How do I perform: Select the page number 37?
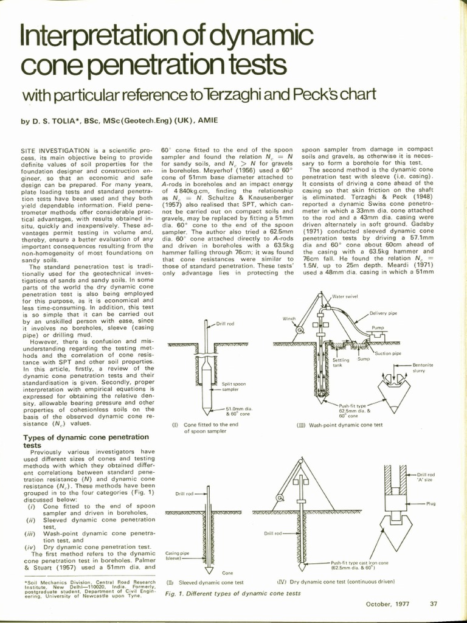[434, 604]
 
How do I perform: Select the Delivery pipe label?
[383, 313]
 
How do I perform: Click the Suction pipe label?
[387, 353]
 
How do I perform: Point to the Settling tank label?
[341, 363]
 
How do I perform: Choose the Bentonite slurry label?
[423, 367]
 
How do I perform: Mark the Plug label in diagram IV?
[431, 503]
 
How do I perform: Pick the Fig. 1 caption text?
[233, 593]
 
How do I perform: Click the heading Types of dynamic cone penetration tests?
[85, 440]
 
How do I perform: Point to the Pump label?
[378, 328]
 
